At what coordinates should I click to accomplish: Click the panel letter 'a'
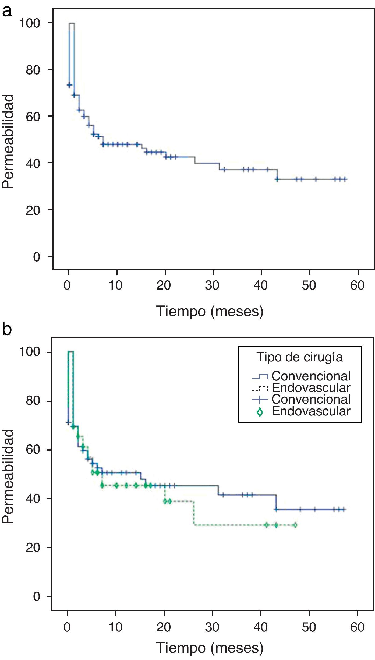coord(7,11)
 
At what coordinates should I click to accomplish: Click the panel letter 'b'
coord(7,329)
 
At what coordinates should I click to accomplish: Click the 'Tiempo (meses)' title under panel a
coord(210,311)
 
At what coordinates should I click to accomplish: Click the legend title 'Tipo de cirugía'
coord(299,357)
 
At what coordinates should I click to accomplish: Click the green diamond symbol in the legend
coord(260,412)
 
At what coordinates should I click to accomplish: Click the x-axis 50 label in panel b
coord(309,627)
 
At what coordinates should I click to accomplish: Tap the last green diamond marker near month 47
coord(295,525)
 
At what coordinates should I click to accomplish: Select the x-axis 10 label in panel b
coord(116,627)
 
